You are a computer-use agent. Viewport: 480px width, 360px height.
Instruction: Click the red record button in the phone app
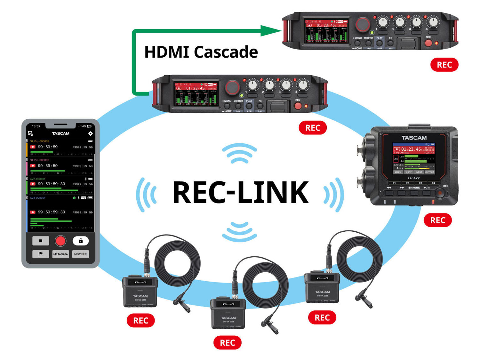60,241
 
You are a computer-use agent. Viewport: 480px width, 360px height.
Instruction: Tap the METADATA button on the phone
60,254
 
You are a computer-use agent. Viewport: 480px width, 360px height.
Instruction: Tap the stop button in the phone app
41,241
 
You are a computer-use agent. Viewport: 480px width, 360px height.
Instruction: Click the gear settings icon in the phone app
90,133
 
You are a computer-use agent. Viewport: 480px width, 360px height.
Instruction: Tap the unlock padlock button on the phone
81,241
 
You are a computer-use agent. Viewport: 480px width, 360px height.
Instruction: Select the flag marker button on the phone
41,254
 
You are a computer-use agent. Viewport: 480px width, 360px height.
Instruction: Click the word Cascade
226,52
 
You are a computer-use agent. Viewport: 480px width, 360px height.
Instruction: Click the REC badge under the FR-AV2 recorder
437,220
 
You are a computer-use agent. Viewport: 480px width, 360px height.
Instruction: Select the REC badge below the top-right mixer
444,65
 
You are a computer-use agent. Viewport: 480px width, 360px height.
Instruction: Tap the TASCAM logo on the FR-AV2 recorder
414,138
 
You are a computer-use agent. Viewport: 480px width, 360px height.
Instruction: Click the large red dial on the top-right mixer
362,24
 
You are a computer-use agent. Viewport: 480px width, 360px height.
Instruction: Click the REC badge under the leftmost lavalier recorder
140,320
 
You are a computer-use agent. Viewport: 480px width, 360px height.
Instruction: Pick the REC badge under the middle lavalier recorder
227,343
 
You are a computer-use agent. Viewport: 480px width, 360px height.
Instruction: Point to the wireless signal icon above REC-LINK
239,153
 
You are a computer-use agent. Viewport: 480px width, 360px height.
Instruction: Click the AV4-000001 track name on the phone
38,198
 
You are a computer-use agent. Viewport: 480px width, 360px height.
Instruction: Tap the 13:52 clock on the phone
36,126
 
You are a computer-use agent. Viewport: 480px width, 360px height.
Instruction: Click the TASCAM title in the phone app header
60,133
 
